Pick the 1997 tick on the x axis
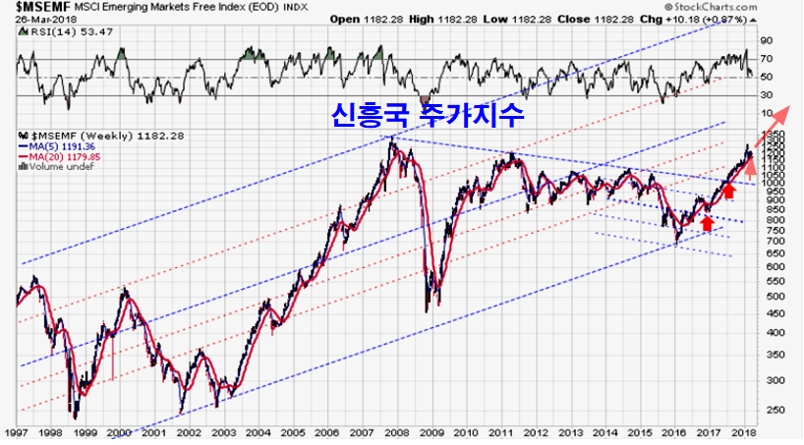click(17, 432)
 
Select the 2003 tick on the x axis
click(225, 432)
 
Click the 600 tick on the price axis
click(772, 265)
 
